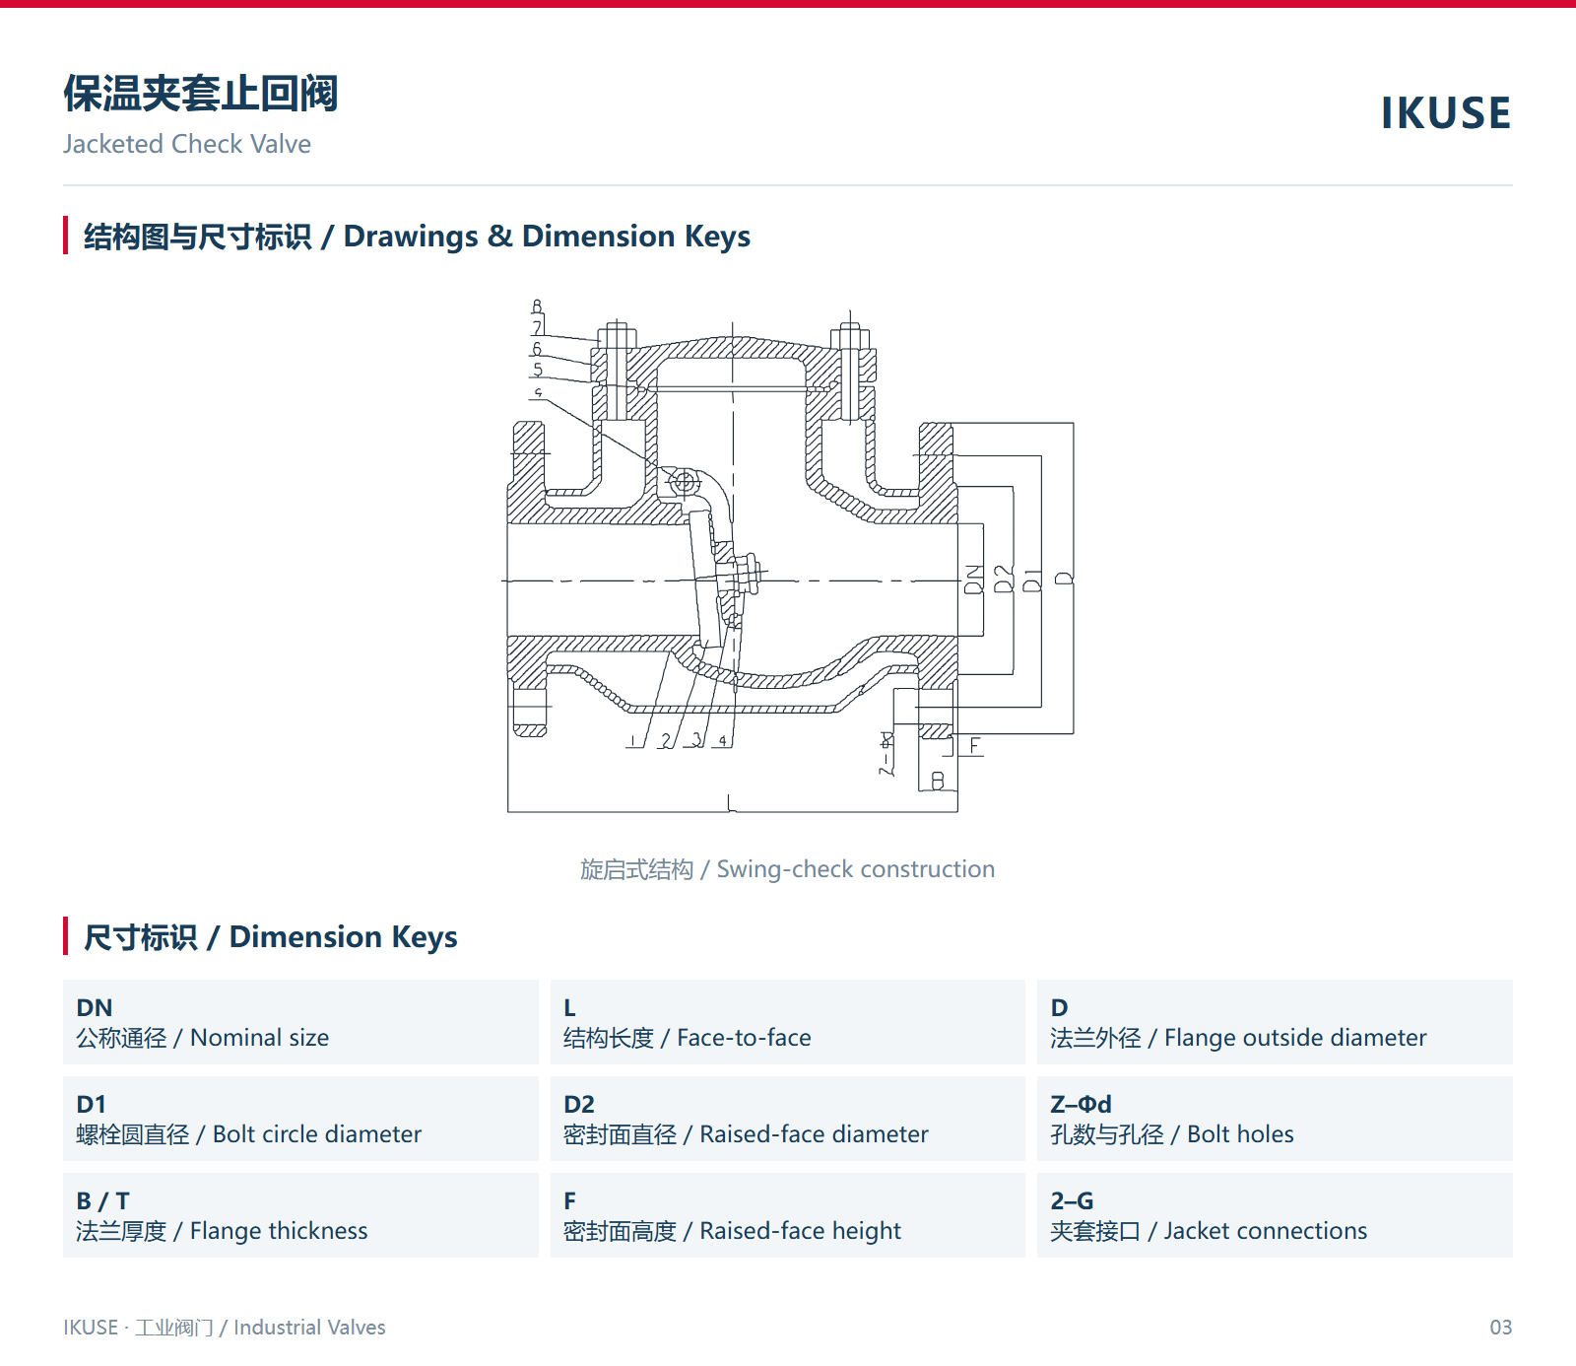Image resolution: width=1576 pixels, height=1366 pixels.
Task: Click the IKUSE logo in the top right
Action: click(1445, 112)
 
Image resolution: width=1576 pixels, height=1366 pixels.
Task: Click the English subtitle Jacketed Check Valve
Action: click(187, 144)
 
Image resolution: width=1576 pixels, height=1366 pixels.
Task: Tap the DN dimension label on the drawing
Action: click(973, 580)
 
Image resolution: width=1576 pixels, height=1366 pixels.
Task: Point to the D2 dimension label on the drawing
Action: click(1003, 580)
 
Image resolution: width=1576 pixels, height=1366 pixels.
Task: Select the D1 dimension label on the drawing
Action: click(1032, 580)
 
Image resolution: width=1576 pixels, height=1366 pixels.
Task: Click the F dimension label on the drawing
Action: click(975, 745)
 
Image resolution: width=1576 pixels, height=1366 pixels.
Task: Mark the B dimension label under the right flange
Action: click(938, 781)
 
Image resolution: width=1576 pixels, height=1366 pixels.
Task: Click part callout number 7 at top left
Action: click(538, 327)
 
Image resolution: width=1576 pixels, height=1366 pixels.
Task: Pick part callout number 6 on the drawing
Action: click(537, 349)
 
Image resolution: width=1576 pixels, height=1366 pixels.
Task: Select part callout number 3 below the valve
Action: click(697, 739)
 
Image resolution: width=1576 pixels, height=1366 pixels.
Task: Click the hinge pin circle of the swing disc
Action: click(683, 482)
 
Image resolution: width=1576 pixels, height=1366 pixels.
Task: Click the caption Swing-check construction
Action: click(788, 869)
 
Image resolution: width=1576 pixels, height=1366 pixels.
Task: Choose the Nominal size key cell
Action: click(300, 1022)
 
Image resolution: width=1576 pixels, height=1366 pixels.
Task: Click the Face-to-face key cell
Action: click(788, 1022)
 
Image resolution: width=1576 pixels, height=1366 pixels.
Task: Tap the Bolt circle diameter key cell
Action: click(300, 1119)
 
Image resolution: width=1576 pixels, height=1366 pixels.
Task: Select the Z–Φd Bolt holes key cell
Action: click(1275, 1119)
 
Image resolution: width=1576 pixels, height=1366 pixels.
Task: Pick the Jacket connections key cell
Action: click(1275, 1215)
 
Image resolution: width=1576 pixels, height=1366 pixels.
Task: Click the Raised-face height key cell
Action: click(788, 1215)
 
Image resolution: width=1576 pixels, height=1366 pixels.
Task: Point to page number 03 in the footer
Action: click(1500, 1328)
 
